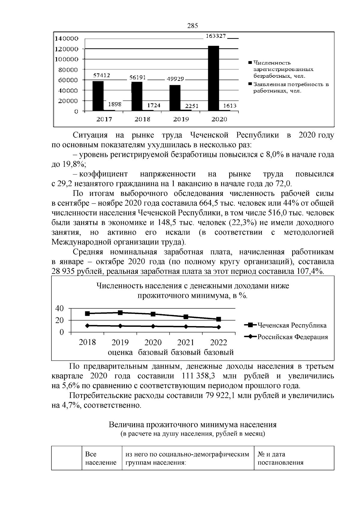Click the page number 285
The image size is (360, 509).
click(x=193, y=26)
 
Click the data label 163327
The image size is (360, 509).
click(x=215, y=36)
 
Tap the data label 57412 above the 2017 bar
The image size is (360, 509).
click(x=102, y=76)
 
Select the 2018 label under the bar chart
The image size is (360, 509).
click(x=142, y=119)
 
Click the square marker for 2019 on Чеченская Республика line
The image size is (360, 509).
click(x=120, y=313)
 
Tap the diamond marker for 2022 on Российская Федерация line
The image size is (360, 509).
click(x=219, y=327)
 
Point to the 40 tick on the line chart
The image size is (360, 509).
click(x=60, y=308)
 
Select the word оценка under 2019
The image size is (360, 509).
click(x=120, y=352)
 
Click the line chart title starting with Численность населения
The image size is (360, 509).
click(x=193, y=291)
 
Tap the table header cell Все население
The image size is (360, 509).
click(x=100, y=458)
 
